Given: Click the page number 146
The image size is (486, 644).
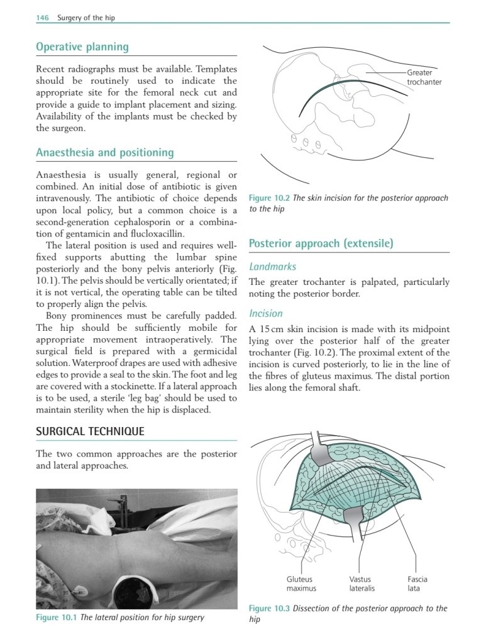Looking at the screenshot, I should [42, 18].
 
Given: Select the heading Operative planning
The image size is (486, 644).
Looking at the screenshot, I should [82, 47].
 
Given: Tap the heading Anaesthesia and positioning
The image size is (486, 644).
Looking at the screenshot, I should [105, 153].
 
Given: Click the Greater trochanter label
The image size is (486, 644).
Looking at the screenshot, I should [424, 77].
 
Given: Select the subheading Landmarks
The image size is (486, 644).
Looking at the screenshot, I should [273, 267].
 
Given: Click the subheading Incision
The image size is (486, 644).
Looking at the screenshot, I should [266, 313].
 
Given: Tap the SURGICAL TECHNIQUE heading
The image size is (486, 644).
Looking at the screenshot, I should [90, 431].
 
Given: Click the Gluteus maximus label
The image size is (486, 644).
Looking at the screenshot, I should [301, 584].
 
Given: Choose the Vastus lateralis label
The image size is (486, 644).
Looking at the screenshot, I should [362, 584].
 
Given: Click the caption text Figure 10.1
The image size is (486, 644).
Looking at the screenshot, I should [57, 617].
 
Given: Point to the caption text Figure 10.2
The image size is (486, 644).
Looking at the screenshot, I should [270, 198].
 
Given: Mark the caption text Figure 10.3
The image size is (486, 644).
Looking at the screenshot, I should [270, 608].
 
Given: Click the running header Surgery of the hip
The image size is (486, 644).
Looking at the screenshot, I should [86, 18].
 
